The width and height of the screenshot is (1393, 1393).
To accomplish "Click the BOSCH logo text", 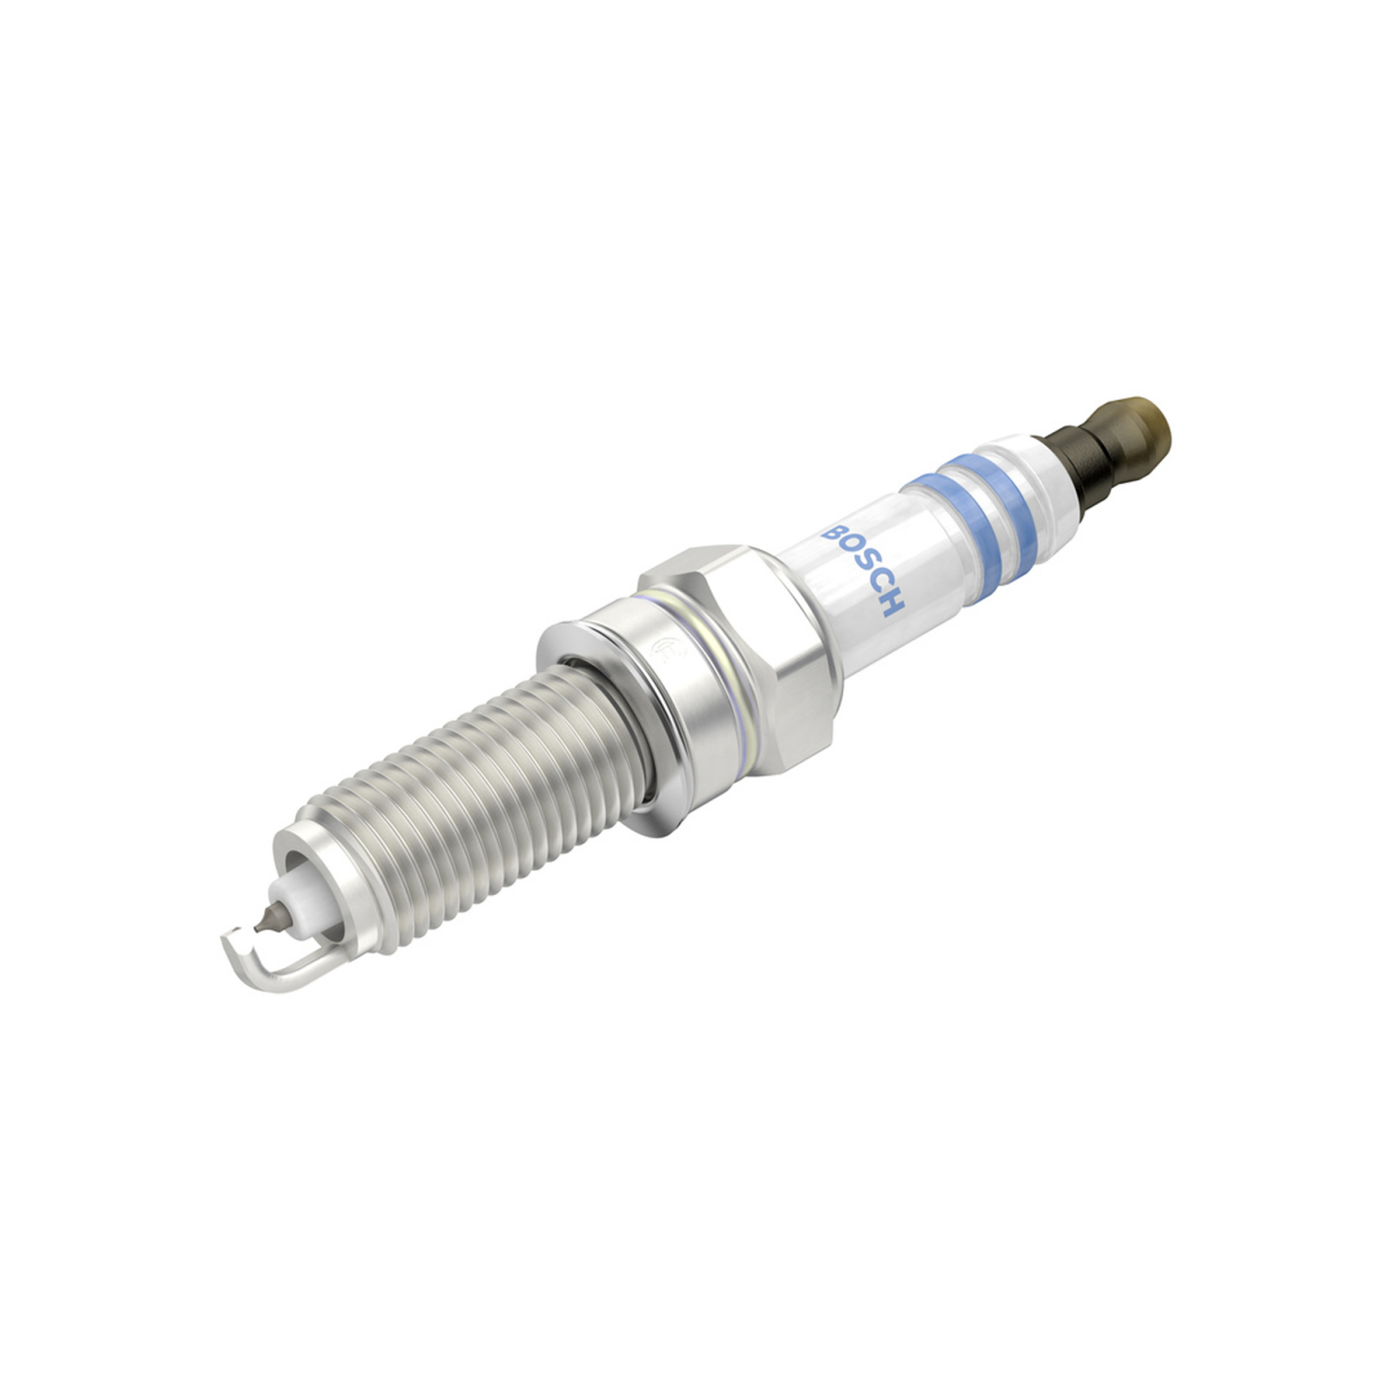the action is point(864,569).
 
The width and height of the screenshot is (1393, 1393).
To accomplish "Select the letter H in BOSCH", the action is point(893,603).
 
